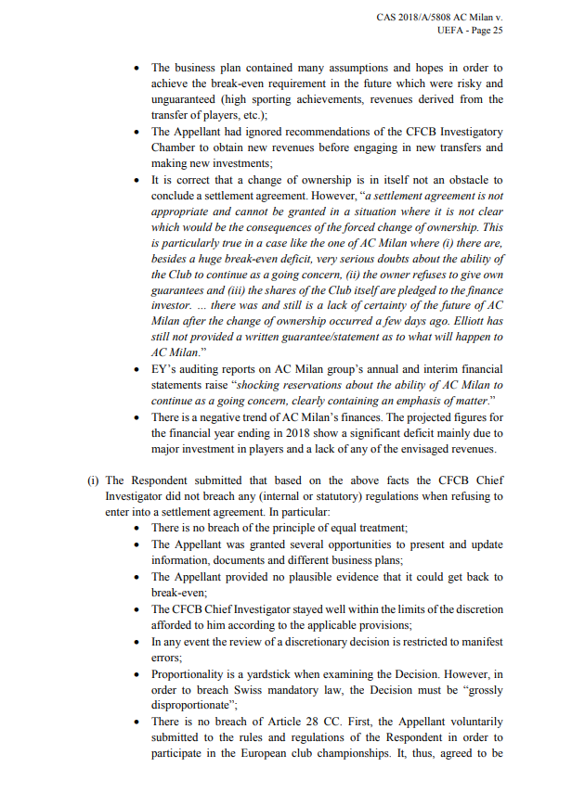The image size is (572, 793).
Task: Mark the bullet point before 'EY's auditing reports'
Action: point(137,370)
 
